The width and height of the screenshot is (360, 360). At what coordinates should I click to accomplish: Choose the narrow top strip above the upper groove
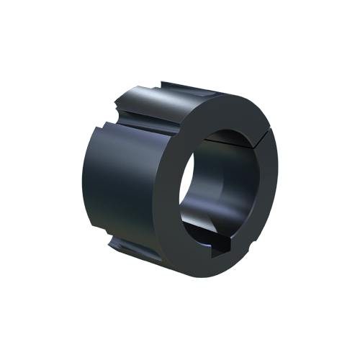(180, 86)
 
